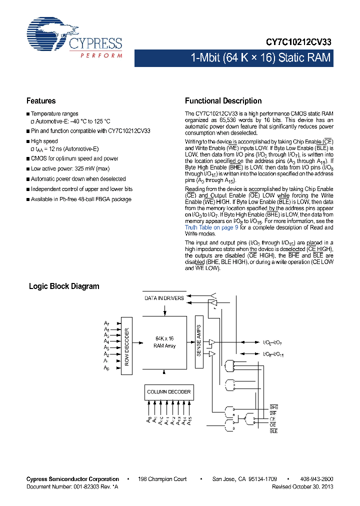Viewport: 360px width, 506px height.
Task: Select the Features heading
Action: pyautogui.click(x=41, y=100)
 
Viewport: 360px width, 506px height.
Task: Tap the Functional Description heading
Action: pyautogui.click(x=223, y=100)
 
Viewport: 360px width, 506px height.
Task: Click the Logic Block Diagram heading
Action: pyautogui.click(x=64, y=286)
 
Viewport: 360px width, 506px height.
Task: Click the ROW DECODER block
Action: pyautogui.click(x=126, y=346)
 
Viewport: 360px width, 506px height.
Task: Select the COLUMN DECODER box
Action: pyautogui.click(x=169, y=392)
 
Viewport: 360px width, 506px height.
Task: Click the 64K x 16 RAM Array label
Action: pyautogui.click(x=164, y=342)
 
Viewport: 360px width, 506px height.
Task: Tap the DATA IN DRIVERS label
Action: pyautogui.click(x=164, y=298)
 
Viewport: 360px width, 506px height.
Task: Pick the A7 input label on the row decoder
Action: pyautogui.click(x=106, y=323)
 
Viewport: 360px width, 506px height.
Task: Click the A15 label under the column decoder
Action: pyautogui.click(x=190, y=421)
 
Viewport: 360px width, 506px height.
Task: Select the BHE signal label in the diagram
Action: pyautogui.click(x=273, y=407)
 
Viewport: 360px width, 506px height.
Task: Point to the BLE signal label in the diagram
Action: pyautogui.click(x=273, y=430)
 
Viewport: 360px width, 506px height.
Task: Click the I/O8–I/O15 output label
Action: pyautogui.click(x=273, y=354)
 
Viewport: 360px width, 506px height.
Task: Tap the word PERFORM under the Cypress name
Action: pyautogui.click(x=101, y=55)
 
